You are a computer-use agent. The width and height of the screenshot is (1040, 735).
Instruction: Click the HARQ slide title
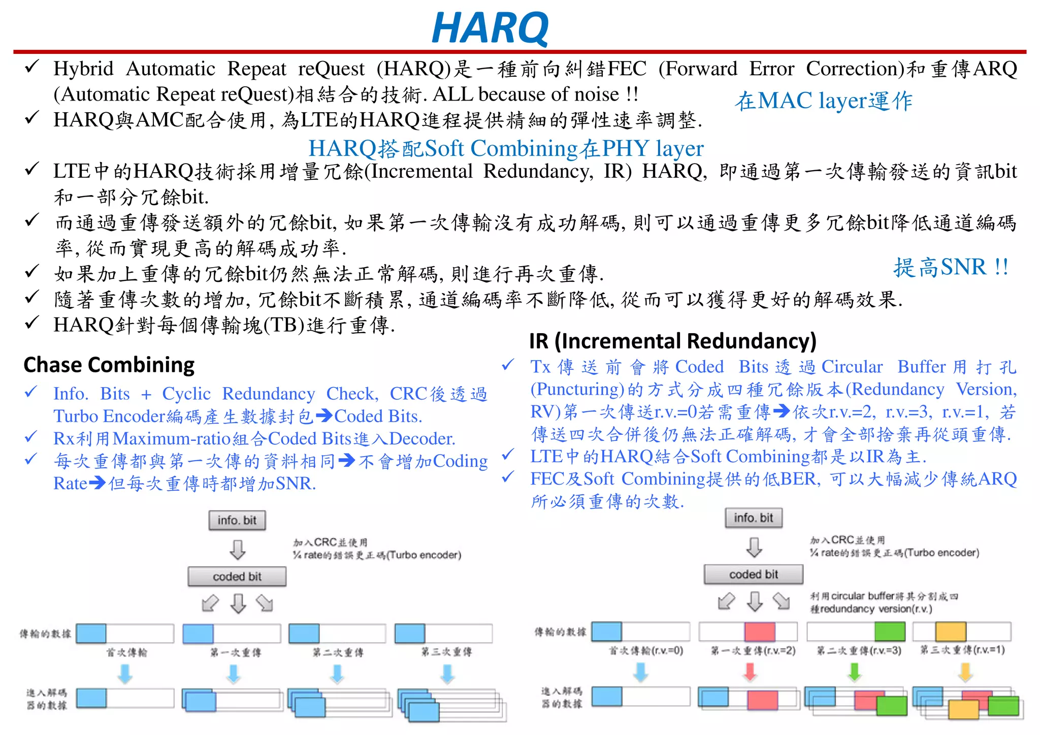[x=490, y=28]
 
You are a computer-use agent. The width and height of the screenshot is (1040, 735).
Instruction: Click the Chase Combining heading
[x=109, y=365]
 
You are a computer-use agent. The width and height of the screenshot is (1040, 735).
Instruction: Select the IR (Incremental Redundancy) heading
[x=672, y=341]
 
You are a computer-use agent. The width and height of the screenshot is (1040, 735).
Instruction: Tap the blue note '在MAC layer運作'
[x=823, y=101]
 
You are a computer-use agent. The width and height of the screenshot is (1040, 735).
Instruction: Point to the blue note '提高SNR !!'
[x=951, y=267]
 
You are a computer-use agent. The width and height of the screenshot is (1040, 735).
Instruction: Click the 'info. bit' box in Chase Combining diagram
[x=237, y=520]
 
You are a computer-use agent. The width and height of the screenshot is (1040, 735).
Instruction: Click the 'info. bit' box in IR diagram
[x=753, y=518]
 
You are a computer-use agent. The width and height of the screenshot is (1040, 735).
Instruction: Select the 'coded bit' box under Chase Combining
[x=237, y=577]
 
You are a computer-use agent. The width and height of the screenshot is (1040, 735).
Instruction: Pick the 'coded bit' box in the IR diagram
[x=753, y=574]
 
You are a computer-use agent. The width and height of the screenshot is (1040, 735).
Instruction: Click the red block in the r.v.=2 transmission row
[x=760, y=631]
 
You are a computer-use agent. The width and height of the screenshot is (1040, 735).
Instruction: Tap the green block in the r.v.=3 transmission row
[x=890, y=631]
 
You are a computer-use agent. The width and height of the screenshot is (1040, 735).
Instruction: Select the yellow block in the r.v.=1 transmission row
[x=950, y=631]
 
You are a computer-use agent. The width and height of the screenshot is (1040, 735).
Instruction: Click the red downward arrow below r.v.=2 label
[x=750, y=672]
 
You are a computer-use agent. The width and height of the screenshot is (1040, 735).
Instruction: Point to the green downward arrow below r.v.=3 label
[x=855, y=672]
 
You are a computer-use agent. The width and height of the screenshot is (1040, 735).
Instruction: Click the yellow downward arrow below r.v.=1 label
[x=965, y=672]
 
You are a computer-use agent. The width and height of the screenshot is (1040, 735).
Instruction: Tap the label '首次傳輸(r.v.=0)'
[x=646, y=651]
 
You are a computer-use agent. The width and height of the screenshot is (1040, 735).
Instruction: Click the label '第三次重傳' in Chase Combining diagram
[x=446, y=652]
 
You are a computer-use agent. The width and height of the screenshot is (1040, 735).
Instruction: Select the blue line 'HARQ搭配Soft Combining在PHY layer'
[x=506, y=148]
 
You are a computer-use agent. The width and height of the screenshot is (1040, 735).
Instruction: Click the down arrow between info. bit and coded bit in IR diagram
[x=754, y=547]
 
